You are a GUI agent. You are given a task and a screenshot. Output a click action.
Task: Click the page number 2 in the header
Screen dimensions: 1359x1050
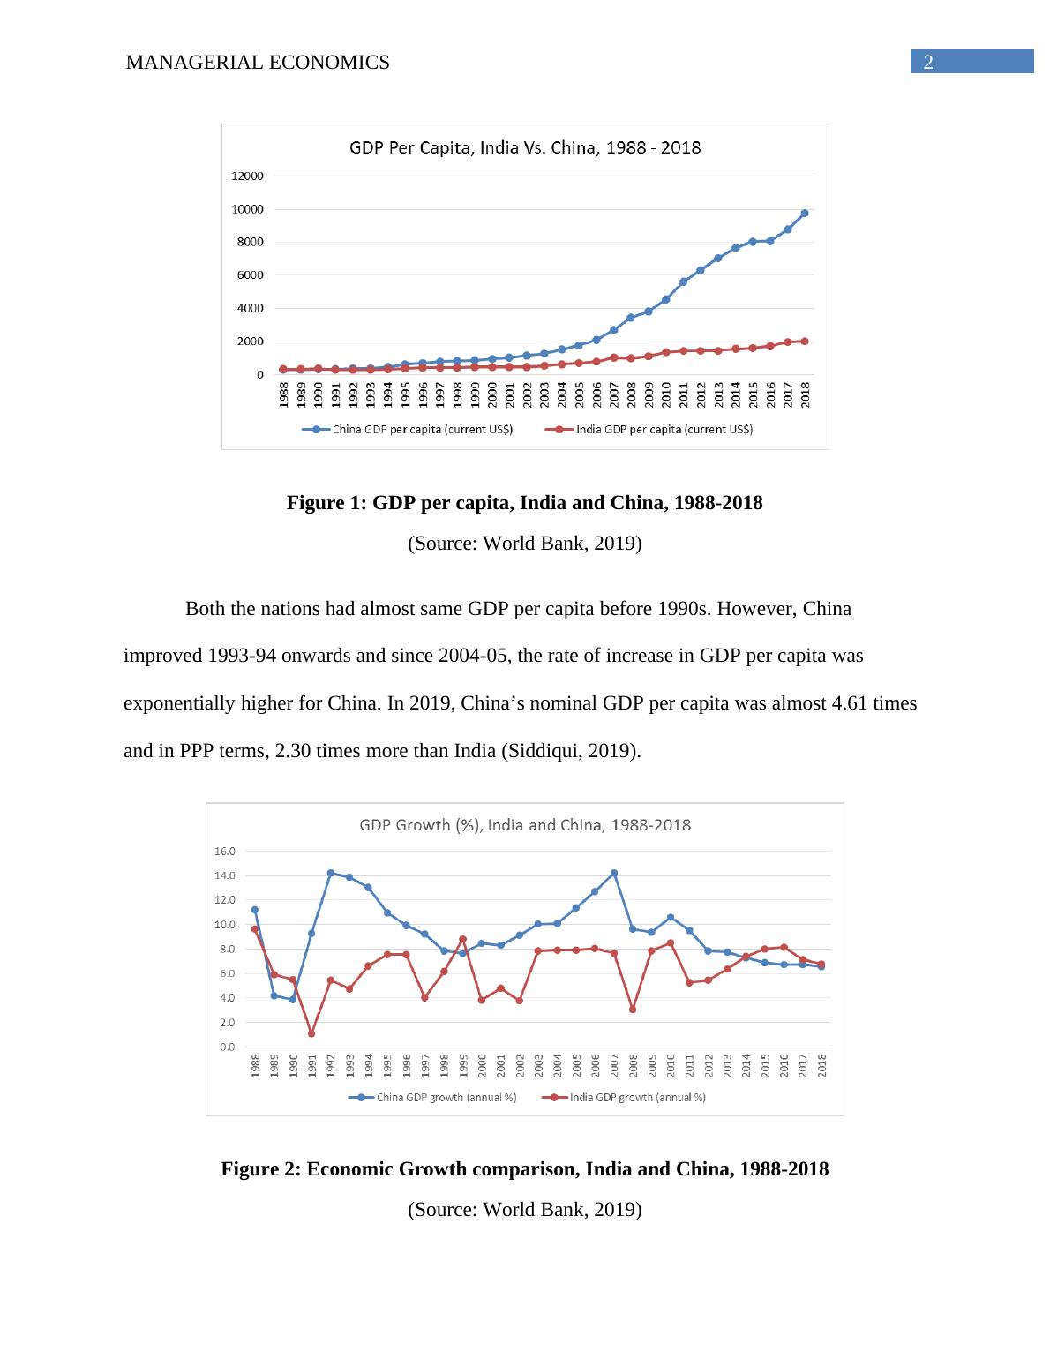click(927, 62)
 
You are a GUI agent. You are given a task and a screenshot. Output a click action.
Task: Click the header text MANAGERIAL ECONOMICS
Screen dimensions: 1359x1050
click(258, 63)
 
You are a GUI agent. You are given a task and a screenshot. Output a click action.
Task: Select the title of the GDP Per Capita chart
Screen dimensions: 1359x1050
click(525, 147)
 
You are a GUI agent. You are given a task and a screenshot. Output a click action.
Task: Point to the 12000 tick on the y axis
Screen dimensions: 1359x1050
click(247, 176)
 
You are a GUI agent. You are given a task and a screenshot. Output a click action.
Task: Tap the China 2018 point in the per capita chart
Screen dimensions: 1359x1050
click(805, 213)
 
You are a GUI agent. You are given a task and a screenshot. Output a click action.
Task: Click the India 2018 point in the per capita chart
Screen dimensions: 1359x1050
click(805, 341)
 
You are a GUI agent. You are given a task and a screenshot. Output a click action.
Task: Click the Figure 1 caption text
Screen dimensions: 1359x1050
click(524, 503)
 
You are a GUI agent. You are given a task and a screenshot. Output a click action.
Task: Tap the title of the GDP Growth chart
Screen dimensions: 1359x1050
click(525, 825)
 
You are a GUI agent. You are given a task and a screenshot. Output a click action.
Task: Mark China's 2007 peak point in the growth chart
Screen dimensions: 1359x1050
click(613, 873)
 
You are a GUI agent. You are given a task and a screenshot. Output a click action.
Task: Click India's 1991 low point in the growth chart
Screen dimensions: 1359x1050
click(311, 1033)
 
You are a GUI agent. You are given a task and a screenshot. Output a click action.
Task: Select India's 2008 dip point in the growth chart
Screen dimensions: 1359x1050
click(633, 1009)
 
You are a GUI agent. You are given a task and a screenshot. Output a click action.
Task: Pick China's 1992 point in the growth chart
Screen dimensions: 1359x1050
click(331, 873)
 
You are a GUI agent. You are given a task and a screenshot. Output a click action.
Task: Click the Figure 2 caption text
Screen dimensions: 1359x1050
click(524, 1169)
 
